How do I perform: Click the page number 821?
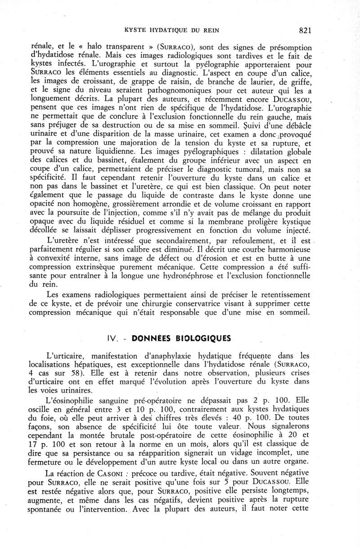(305, 31)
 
